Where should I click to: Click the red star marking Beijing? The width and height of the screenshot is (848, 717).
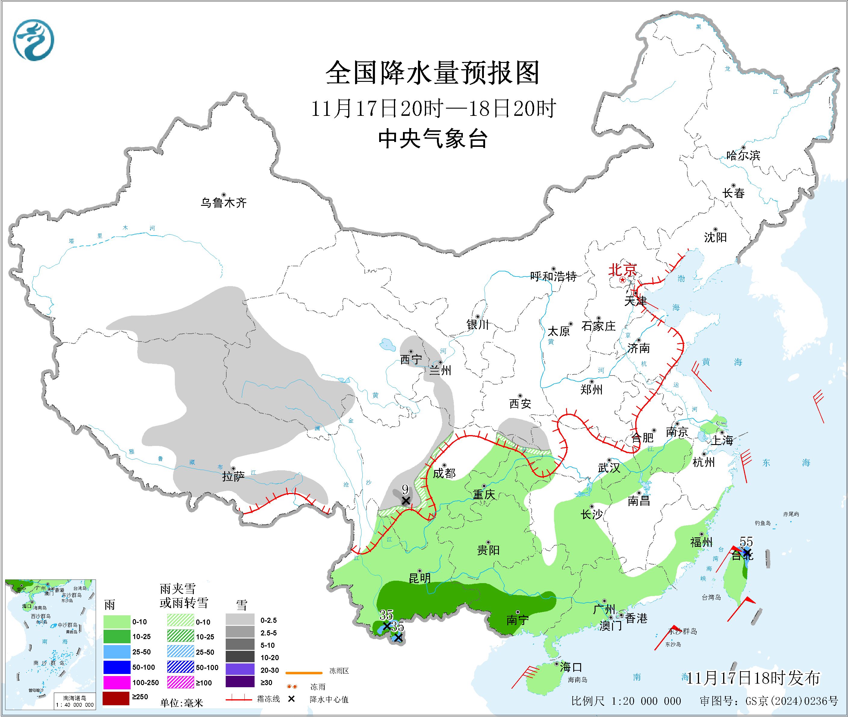click(622, 280)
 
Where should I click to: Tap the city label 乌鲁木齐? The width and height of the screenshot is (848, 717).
click(224, 202)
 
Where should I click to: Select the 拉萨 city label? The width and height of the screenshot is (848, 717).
click(233, 476)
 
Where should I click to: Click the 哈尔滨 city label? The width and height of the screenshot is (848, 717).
click(743, 155)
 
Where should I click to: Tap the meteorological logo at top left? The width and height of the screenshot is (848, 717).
click(33, 41)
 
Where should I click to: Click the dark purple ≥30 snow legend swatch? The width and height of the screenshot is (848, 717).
click(240, 682)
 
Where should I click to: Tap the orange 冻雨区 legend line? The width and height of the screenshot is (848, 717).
click(304, 673)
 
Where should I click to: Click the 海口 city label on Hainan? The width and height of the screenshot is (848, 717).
click(571, 667)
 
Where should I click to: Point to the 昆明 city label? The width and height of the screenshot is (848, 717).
click(419, 578)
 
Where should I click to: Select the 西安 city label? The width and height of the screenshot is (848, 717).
click(520, 403)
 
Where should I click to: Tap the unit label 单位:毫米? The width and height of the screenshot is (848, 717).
click(182, 703)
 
